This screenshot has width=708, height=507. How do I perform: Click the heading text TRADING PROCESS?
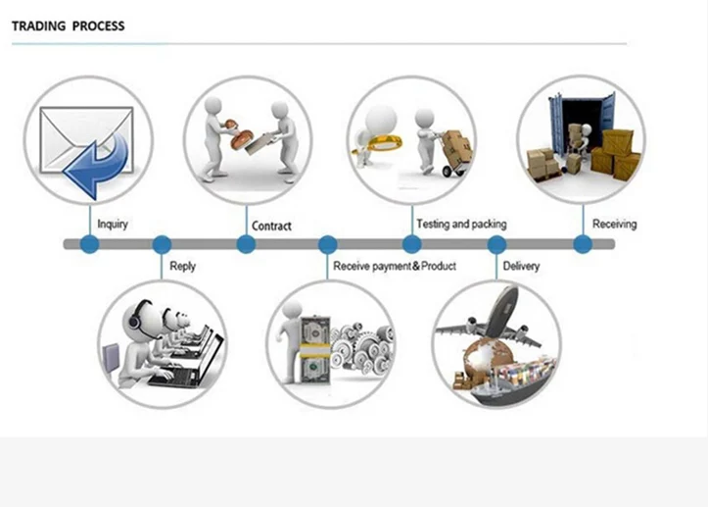(69, 25)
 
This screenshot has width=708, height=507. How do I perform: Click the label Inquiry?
(114, 225)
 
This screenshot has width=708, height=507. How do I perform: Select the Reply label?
(183, 266)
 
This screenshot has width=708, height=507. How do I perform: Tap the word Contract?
(271, 227)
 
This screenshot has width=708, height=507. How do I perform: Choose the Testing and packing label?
(461, 225)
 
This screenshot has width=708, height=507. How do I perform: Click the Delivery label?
(521, 266)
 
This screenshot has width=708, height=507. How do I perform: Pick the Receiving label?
(614, 225)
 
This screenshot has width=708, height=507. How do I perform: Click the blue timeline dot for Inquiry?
(90, 244)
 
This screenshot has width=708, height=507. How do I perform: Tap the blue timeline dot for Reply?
(162, 244)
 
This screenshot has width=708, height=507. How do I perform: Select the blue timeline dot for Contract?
(246, 244)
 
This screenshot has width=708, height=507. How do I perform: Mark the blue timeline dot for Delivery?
(497, 244)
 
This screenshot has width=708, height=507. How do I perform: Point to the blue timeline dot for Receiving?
(583, 244)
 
